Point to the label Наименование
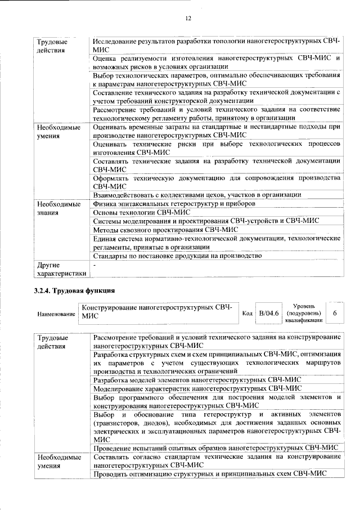point(56,314)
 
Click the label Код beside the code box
point(247,313)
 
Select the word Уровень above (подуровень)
point(304,305)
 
